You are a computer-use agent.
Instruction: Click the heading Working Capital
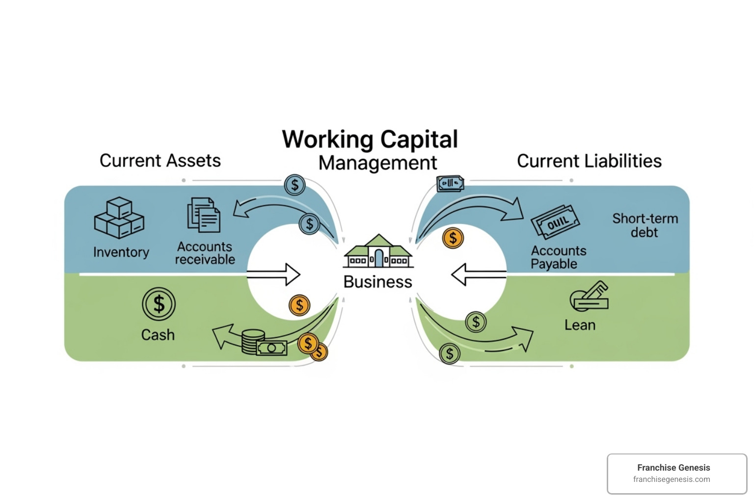(x=370, y=139)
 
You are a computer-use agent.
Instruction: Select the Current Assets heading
(x=160, y=161)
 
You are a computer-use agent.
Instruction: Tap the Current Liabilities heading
(x=589, y=161)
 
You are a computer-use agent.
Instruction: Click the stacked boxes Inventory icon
(x=119, y=218)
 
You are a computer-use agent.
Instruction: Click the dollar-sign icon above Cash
(x=159, y=304)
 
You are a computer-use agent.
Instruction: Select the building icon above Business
(x=378, y=251)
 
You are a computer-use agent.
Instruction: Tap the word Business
(x=377, y=282)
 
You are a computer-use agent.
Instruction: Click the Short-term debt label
(x=645, y=225)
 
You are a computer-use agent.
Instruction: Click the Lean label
(x=580, y=325)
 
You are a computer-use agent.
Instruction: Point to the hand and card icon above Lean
(x=589, y=296)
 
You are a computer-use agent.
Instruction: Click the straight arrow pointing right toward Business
(x=273, y=275)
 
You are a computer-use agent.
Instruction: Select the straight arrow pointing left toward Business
(x=479, y=275)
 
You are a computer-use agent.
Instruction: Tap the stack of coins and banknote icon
(x=263, y=343)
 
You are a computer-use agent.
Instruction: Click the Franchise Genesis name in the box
(x=673, y=468)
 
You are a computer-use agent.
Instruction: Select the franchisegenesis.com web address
(x=672, y=479)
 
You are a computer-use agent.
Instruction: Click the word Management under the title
(x=377, y=163)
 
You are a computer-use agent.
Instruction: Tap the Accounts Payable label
(x=558, y=257)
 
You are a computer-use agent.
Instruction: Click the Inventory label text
(x=121, y=252)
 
